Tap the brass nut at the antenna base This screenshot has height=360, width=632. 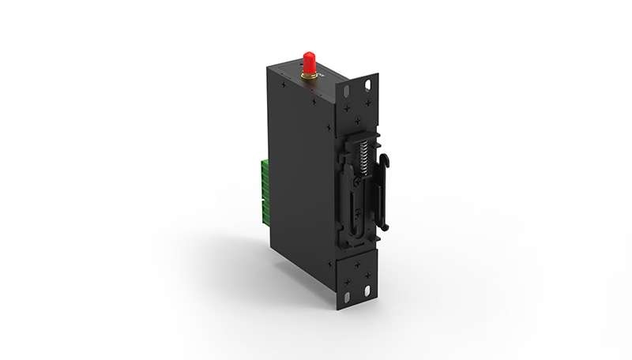(307, 76)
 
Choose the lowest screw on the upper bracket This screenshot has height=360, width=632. (360, 120)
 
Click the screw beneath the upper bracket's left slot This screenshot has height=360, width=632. (348, 106)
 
